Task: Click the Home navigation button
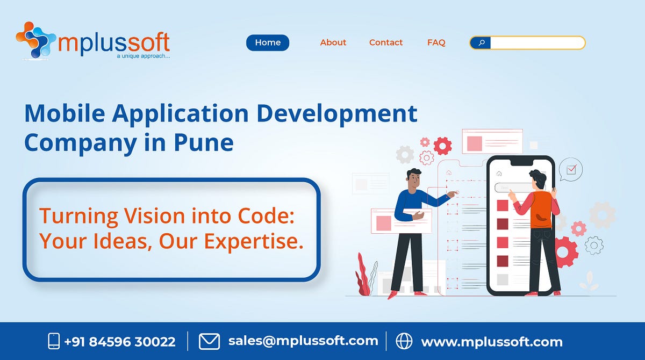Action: tap(268, 42)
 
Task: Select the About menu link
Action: tap(333, 42)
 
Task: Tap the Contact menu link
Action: tap(386, 42)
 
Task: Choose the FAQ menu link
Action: tap(436, 42)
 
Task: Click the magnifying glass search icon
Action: tap(481, 42)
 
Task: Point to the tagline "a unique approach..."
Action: tap(143, 55)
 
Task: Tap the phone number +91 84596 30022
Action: tap(119, 341)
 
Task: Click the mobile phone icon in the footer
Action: tap(54, 341)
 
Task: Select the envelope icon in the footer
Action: tap(209, 341)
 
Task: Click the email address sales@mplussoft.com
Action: tap(303, 341)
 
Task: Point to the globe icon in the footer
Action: tap(404, 341)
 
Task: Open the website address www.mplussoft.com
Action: tap(492, 342)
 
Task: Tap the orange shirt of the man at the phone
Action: tap(540, 209)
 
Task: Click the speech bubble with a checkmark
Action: tap(570, 170)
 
